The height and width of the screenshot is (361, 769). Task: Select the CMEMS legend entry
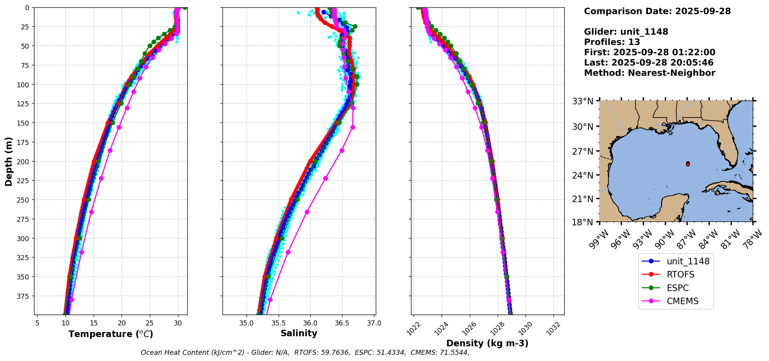682,301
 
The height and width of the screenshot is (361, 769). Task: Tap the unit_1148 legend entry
688,261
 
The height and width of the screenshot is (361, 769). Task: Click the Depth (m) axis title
9,161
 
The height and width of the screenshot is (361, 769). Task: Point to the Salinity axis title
299,333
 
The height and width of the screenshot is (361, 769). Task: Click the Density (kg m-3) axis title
487,343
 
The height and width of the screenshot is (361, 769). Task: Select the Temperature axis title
111,334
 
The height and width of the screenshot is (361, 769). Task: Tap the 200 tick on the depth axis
24,161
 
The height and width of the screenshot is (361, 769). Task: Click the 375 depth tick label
24,296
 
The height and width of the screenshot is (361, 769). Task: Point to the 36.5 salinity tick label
342,323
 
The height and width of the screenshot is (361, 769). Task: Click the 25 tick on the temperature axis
150,323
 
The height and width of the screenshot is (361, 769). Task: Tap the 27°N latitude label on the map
582,151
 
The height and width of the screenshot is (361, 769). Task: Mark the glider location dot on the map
688,164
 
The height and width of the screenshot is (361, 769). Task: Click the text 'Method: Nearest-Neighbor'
649,73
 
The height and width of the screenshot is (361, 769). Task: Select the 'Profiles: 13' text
612,42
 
